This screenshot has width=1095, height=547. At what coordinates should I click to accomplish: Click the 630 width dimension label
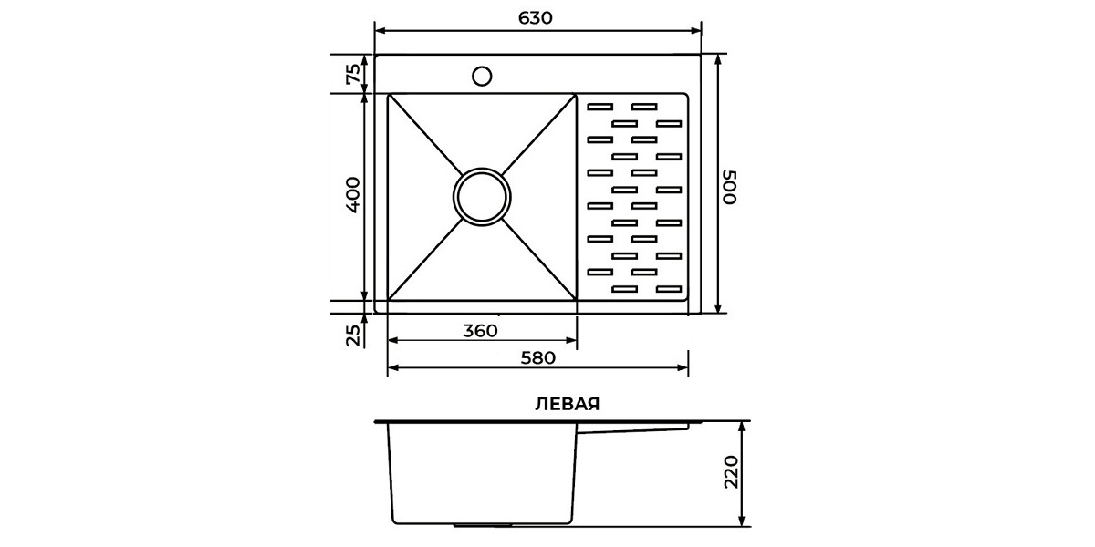[535, 18]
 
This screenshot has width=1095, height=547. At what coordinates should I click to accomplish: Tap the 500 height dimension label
[729, 187]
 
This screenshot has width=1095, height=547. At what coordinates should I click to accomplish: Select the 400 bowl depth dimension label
[353, 194]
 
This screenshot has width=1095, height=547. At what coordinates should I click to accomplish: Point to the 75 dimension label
[353, 74]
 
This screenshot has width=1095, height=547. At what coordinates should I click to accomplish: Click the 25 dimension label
[353, 335]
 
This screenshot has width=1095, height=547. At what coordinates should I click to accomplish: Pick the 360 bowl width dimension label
[480, 331]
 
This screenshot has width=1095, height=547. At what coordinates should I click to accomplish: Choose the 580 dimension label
[537, 358]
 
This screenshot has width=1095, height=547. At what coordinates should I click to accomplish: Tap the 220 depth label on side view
[731, 472]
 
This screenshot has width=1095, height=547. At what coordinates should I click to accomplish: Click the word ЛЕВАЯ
[567, 405]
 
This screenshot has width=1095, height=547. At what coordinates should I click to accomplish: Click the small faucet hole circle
[482, 77]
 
